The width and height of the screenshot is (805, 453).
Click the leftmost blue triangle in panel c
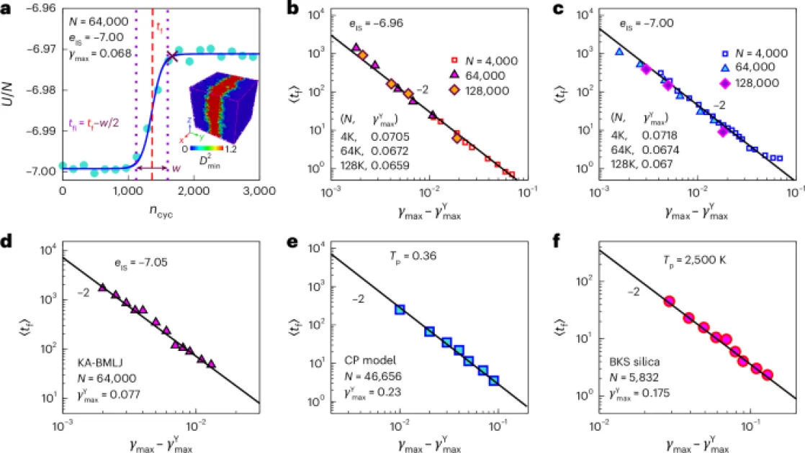tap(619, 52)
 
